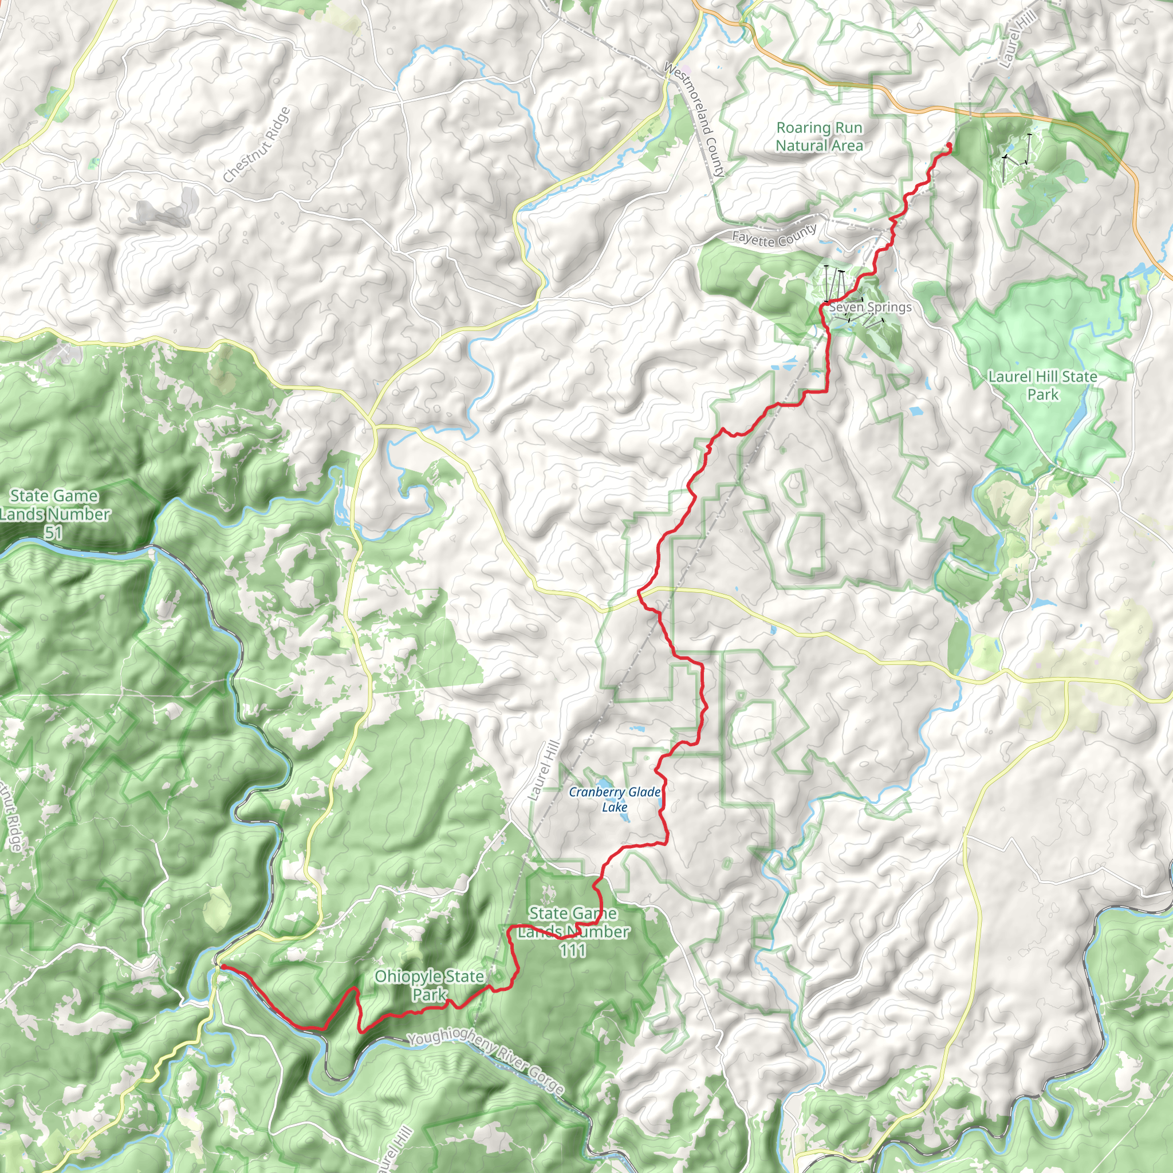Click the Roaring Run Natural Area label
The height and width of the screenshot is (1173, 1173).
pos(819,137)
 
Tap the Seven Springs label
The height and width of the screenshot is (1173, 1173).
pos(870,307)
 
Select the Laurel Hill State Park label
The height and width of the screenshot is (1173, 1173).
pos(1042,385)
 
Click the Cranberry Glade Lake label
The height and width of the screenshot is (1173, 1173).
pos(615,800)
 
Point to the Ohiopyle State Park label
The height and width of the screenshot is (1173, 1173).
pos(429,985)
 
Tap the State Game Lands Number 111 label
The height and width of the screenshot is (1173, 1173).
pos(573,931)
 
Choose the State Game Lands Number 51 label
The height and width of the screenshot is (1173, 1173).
pos(54,514)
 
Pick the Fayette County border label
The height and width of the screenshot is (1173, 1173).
pos(774,236)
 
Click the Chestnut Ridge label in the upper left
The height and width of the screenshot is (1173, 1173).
pos(257,144)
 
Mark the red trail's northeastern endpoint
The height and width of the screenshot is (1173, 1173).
pos(949,144)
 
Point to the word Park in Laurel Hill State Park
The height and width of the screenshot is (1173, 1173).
pos(1042,395)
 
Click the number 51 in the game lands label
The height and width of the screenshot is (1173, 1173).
pos(53,533)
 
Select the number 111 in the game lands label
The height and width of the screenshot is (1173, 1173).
pos(573,950)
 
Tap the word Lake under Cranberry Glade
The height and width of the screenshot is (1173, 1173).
pos(615,808)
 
